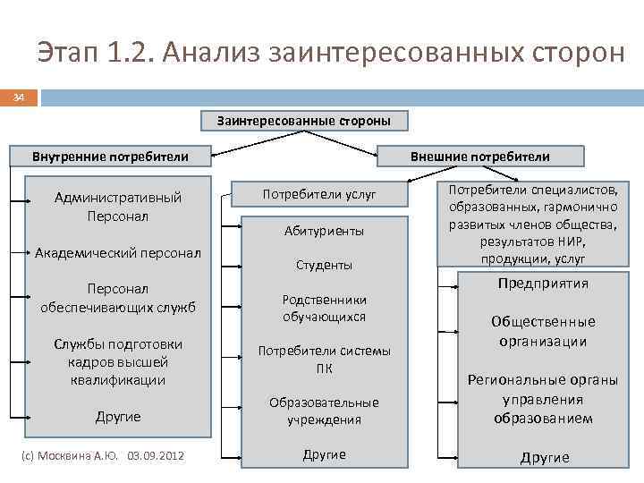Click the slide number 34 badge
coord(18,97)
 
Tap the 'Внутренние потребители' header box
coord(110,157)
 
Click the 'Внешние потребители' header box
coord(480,157)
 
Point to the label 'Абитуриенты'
coord(324,231)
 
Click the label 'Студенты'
coord(324,266)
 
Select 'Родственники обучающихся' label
coord(324,309)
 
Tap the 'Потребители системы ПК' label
coord(324,359)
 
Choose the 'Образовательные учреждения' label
coord(324,411)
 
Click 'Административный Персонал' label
coord(118,207)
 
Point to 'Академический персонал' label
coord(118,253)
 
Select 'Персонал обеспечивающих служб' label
coord(118,299)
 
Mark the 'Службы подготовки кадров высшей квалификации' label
coord(118,361)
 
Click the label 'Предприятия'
coord(543,284)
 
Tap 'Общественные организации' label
coord(543,331)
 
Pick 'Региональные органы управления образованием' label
coord(543,399)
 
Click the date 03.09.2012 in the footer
coord(156,455)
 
